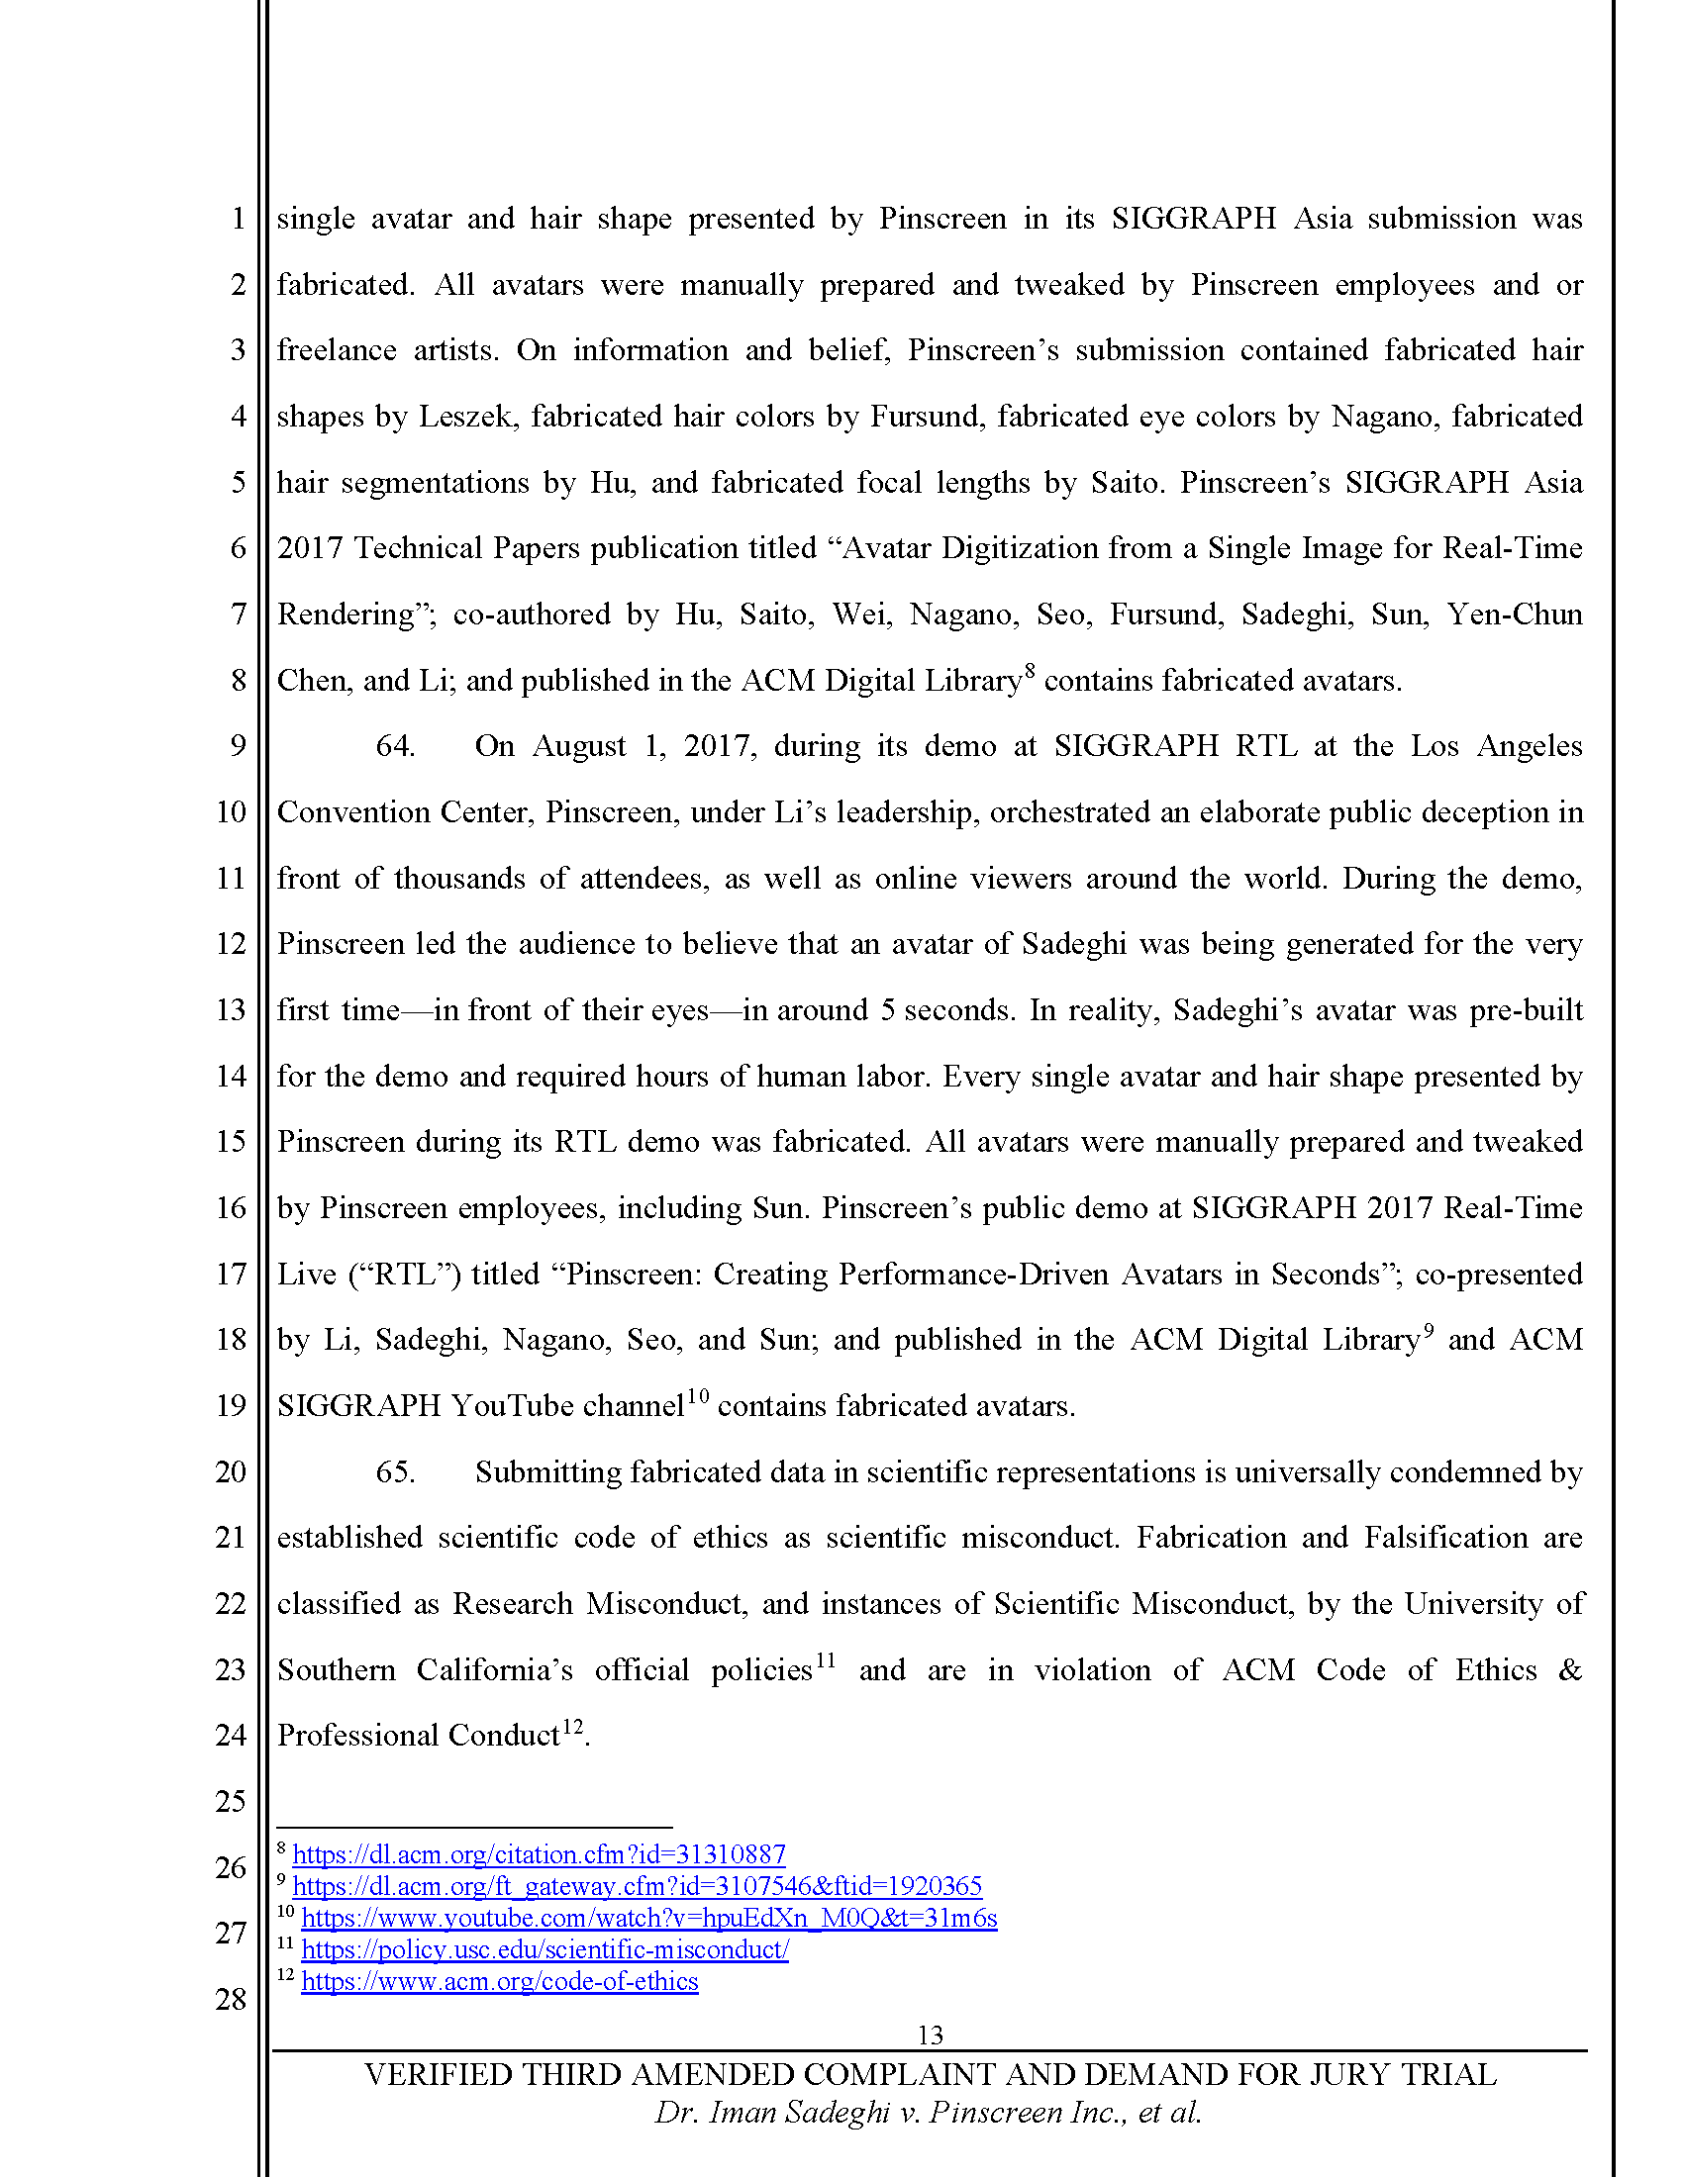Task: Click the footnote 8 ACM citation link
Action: coord(539,1854)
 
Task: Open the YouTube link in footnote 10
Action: coord(649,1918)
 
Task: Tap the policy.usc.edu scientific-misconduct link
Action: coord(544,1949)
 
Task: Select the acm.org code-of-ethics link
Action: coord(500,1982)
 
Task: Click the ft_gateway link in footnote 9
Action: coord(638,1886)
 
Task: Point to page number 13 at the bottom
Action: coord(930,2035)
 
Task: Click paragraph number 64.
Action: coord(395,746)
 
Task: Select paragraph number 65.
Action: coord(395,1472)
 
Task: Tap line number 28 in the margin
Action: coord(231,1999)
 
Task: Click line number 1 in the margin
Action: coord(239,219)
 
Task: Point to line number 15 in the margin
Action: coord(231,1141)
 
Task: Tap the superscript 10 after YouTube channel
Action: coord(697,1396)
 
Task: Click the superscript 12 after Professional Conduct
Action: coord(572,1727)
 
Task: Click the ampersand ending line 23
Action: coord(1570,1670)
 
